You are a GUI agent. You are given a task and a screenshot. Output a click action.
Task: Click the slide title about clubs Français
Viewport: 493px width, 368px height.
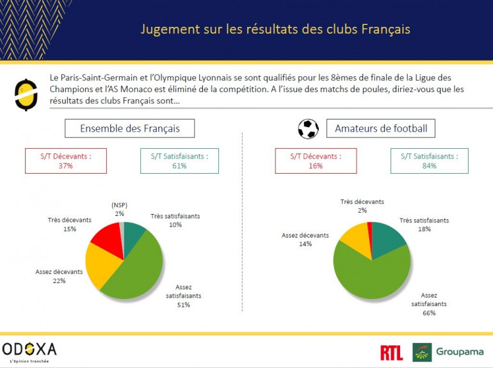275,29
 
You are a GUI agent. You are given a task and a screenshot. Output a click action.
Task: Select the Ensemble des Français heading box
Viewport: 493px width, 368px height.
129,128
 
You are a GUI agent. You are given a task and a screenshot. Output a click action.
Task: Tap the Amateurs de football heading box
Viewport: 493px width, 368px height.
380,128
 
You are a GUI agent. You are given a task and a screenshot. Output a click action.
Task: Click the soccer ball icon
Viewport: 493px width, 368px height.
309,128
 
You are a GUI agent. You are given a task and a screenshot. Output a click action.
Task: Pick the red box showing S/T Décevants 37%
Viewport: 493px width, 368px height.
65,160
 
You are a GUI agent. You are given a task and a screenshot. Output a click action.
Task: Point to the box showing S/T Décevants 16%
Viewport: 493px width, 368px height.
315,160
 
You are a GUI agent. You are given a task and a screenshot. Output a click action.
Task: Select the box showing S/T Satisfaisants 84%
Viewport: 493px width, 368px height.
429,160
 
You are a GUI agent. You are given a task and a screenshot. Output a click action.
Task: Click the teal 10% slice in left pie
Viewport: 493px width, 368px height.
134,233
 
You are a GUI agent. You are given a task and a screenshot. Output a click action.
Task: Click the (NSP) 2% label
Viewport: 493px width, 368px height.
120,209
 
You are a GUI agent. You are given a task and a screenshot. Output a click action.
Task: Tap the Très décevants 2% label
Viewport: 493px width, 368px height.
362,206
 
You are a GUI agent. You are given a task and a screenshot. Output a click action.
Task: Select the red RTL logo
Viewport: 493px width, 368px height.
391,352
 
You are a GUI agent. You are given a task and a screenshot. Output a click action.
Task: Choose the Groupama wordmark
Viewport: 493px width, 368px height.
460,351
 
